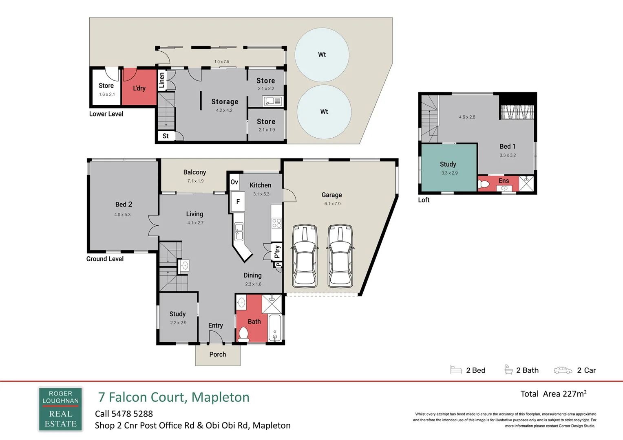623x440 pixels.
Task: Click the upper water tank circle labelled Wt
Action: point(322,55)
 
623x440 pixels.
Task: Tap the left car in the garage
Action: point(305,256)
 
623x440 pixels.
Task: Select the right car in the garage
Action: point(340,256)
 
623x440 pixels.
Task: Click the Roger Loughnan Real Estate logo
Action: point(60,409)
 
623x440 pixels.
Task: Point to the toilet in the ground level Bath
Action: point(243,334)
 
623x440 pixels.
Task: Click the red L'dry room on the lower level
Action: point(139,86)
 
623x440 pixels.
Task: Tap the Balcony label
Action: point(194,172)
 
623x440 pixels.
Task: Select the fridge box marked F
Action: point(238,202)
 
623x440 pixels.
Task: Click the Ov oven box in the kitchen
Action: point(234,182)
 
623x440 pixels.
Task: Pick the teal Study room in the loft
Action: point(448,167)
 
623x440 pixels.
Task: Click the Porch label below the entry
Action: point(218,354)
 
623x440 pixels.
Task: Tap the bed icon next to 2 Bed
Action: point(456,370)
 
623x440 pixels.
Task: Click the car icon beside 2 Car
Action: point(563,370)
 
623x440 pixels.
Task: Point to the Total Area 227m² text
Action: point(553,394)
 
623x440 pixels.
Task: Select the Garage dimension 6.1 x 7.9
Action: point(332,204)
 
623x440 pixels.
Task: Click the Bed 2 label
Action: point(124,205)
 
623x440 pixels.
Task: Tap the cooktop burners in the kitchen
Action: point(277,223)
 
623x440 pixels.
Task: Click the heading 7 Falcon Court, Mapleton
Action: point(174,397)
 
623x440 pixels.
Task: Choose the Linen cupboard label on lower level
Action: point(162,80)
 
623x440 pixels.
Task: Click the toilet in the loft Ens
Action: point(484,184)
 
